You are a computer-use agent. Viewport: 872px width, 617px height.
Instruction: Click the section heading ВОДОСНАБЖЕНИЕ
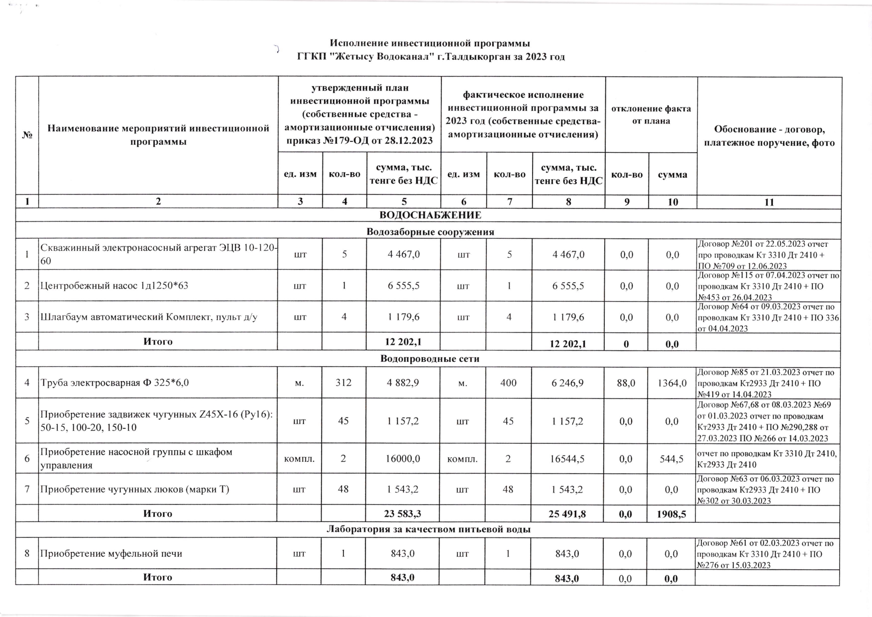click(430, 215)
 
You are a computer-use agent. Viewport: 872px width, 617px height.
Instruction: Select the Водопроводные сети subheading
click(430, 359)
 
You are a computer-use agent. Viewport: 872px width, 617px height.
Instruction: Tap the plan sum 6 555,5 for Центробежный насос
click(404, 286)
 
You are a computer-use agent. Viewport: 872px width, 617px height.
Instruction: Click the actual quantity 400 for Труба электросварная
click(509, 383)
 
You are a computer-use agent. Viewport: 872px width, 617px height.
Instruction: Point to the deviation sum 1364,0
click(673, 383)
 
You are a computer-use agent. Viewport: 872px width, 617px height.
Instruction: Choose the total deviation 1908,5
click(672, 514)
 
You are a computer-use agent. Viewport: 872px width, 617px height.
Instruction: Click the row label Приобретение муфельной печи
click(111, 553)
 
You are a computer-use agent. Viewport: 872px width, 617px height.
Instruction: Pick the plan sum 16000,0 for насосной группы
click(404, 458)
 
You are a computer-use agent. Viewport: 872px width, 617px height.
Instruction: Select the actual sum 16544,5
click(568, 458)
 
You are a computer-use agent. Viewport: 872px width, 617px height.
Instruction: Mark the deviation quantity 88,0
click(626, 383)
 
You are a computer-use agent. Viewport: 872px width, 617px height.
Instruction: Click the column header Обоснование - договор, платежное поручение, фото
click(769, 136)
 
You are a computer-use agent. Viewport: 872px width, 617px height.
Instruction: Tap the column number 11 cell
click(769, 202)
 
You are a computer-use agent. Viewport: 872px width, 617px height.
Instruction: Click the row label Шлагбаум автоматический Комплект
click(148, 317)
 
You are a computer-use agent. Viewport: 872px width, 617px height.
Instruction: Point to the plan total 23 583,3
click(404, 514)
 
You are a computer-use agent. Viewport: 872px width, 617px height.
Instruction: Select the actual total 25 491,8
click(567, 514)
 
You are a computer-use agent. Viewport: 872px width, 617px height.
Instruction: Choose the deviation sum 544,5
click(672, 458)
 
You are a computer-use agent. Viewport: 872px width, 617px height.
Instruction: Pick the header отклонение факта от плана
click(651, 115)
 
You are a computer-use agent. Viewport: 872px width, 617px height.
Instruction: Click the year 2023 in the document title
click(536, 57)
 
